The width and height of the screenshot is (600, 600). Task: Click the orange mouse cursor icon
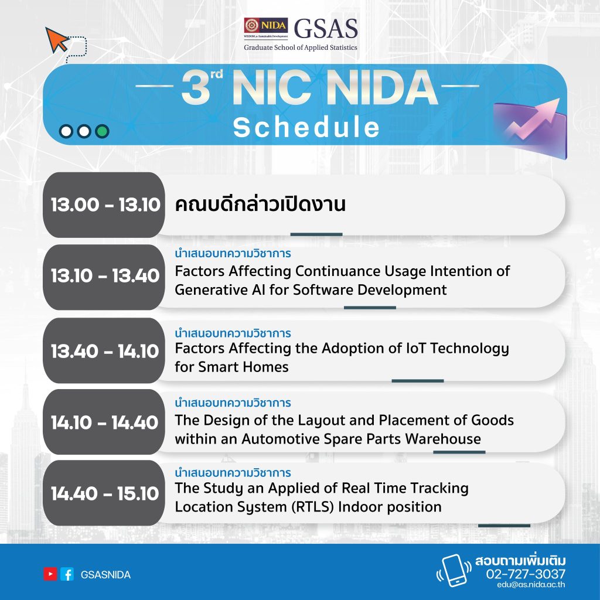tap(56, 40)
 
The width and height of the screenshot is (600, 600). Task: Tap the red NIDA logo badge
tap(266, 26)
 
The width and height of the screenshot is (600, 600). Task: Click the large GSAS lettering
tap(326, 29)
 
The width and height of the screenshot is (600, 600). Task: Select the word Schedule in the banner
tap(306, 127)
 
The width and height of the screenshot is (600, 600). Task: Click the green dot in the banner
tap(102, 131)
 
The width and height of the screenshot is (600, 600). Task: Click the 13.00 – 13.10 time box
tap(104, 204)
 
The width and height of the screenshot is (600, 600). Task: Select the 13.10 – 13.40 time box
tap(104, 277)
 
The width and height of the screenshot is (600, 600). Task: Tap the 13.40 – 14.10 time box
tap(104, 350)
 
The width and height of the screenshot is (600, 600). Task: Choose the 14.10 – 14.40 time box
tap(104, 422)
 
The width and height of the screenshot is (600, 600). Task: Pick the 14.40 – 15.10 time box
tap(104, 493)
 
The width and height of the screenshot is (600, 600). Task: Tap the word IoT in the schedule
tap(415, 348)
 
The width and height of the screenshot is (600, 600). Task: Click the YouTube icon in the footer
tap(50, 574)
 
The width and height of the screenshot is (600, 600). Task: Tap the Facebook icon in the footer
tap(67, 574)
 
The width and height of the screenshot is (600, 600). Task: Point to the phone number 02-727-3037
tap(526, 574)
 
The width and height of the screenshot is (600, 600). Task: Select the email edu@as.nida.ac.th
tap(531, 585)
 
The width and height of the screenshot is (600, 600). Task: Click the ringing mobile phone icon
tap(454, 571)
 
